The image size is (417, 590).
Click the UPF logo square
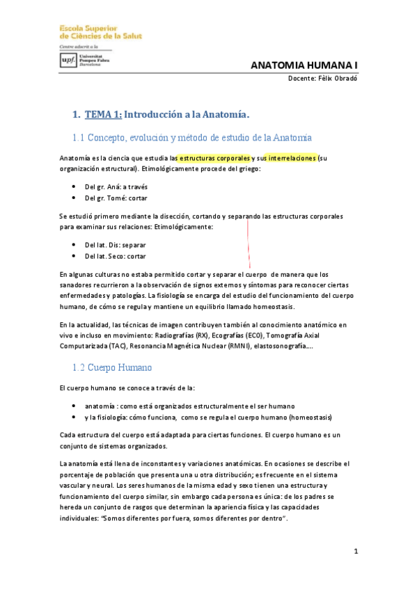pyautogui.click(x=69, y=60)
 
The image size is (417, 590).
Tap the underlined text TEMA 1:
pyautogui.click(x=103, y=115)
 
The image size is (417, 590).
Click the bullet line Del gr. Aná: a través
pyautogui.click(x=116, y=187)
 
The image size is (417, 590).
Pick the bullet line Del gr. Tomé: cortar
pyautogui.click(x=116, y=198)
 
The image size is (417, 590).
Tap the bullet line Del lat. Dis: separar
pyautogui.click(x=115, y=246)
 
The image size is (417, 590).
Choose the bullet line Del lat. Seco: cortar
pyautogui.click(x=115, y=256)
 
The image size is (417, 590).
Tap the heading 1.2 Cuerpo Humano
pyautogui.click(x=112, y=367)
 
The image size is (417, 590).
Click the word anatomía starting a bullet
pyautogui.click(x=100, y=406)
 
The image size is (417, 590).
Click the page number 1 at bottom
pyautogui.click(x=355, y=552)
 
